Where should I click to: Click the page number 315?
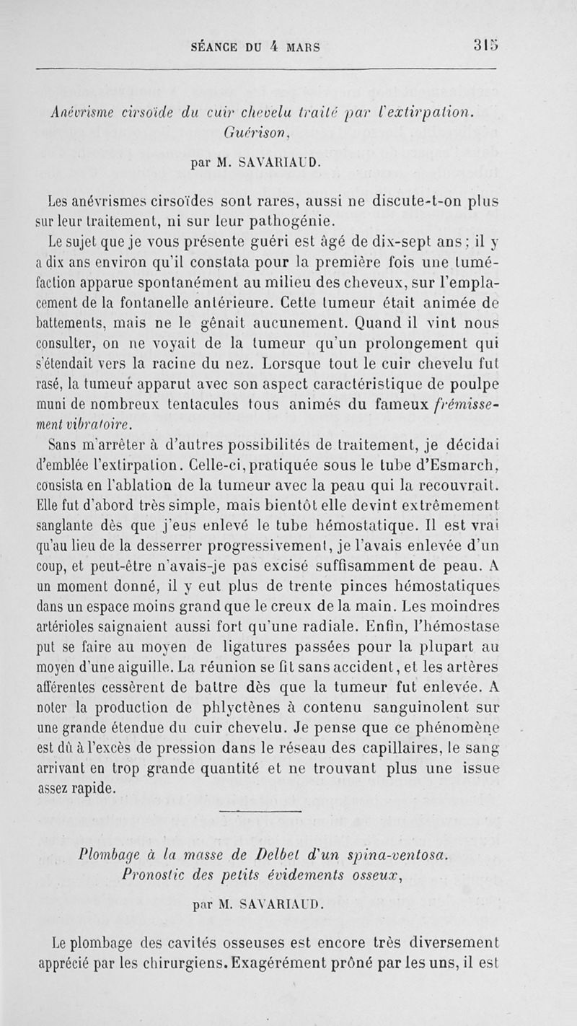point(485,48)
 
